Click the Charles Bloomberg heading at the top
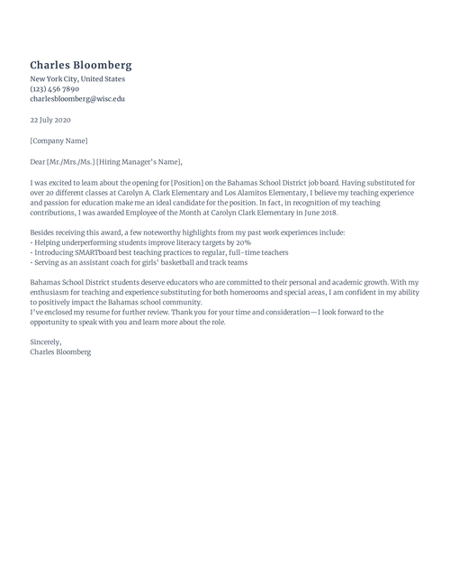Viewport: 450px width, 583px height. pos(81,65)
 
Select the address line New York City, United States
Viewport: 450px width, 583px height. pos(77,79)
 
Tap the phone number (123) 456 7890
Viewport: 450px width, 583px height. pos(55,89)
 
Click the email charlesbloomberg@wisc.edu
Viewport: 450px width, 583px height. pos(77,99)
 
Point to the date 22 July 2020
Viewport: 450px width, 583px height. pos(50,120)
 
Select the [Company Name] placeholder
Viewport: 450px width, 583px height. pos(59,141)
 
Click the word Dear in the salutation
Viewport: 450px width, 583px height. pos(38,162)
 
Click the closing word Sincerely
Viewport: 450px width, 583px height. pos(46,342)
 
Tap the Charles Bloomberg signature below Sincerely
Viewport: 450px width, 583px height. pos(60,352)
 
